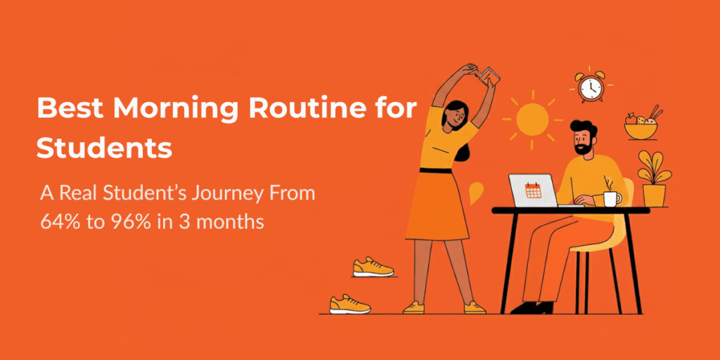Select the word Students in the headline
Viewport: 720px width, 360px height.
(103, 148)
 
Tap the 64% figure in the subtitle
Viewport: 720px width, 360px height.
(56, 222)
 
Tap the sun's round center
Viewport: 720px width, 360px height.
(532, 119)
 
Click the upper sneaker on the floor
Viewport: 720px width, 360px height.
(372, 267)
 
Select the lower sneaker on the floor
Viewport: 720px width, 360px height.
(350, 304)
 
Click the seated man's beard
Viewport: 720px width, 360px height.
(583, 148)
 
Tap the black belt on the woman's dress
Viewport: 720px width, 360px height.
(447, 169)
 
